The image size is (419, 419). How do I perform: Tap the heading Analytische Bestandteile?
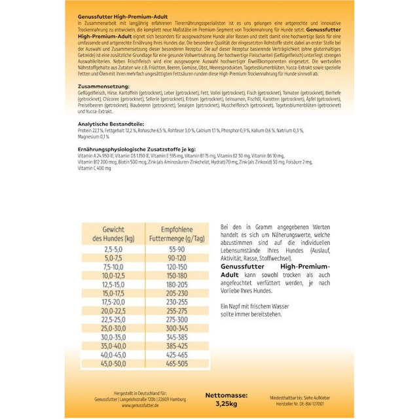pyautogui.click(x=109, y=124)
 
